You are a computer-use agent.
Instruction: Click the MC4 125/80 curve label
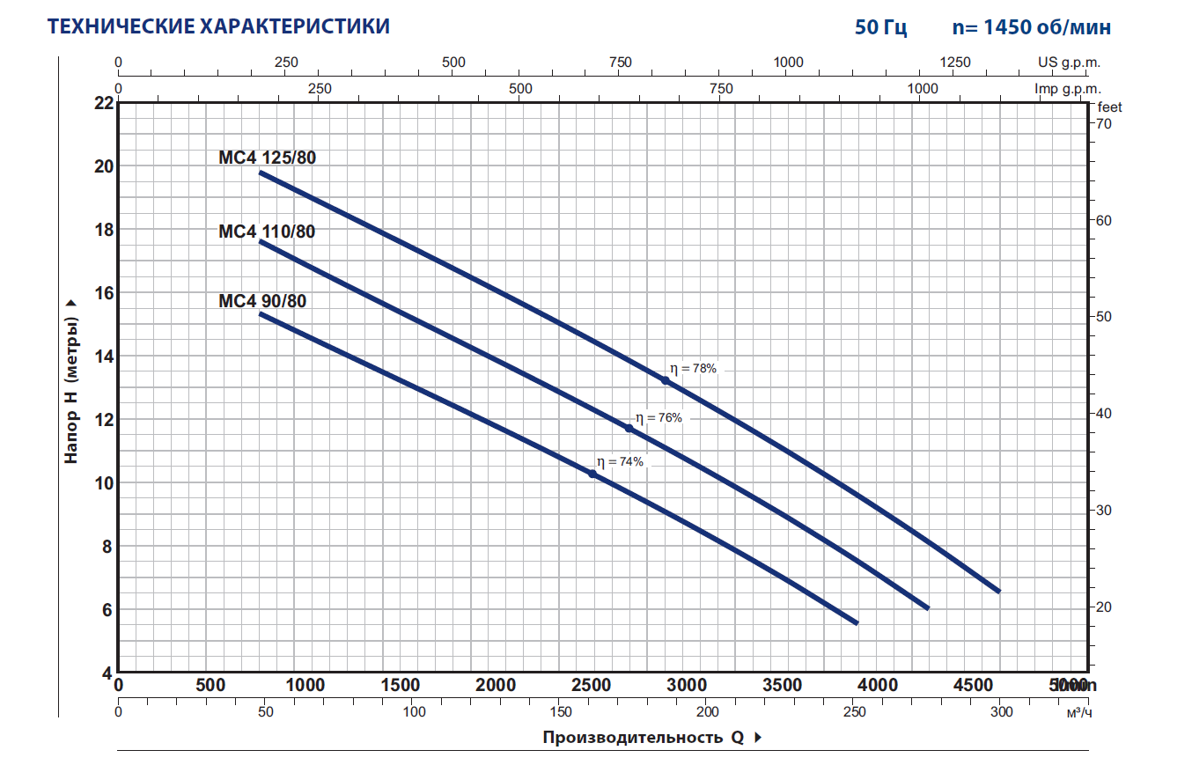(267, 158)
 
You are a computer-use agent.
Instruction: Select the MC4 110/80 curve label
(267, 232)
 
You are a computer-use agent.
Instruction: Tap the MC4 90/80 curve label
(262, 301)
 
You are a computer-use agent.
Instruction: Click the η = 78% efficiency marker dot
(666, 380)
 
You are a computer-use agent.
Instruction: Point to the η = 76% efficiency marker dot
(629, 428)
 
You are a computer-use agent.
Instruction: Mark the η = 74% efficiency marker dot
(592, 474)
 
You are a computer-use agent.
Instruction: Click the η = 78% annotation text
(693, 369)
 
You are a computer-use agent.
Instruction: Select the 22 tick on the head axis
(104, 103)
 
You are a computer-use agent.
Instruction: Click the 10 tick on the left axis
(104, 483)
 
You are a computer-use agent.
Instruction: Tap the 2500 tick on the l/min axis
(592, 686)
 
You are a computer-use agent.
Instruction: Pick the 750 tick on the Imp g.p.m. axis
(721, 89)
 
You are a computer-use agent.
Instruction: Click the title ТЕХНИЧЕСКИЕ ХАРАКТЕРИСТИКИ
(218, 26)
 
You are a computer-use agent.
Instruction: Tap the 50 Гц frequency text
(880, 27)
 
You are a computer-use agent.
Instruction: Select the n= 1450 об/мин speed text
(1031, 27)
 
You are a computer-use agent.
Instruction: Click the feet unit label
(1110, 107)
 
